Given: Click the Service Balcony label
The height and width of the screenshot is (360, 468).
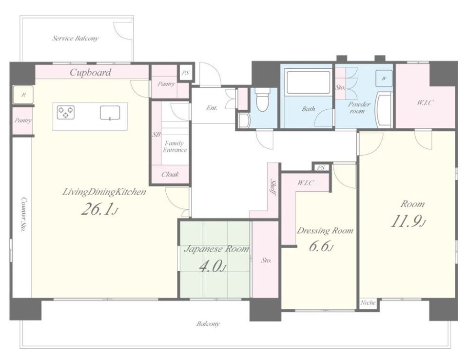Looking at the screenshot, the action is click(75, 38).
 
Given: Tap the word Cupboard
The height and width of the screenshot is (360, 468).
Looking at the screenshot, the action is click(91, 72).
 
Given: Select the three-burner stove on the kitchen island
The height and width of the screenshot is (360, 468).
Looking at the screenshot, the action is click(66, 112).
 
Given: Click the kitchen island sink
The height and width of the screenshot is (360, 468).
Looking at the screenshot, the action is click(110, 112).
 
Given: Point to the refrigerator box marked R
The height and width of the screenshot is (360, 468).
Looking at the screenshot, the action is click(23, 95).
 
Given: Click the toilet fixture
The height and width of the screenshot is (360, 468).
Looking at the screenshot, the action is click(262, 98).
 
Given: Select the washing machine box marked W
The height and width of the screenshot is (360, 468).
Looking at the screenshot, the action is click(384, 78).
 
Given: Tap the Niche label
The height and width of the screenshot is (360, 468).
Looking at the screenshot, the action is click(368, 302).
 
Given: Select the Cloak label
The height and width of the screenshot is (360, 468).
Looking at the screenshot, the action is click(170, 174).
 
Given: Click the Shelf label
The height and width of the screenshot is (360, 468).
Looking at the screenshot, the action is click(273, 187).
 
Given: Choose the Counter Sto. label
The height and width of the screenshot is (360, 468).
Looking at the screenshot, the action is click(23, 215).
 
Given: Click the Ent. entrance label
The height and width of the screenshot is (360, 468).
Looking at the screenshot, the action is click(212, 108).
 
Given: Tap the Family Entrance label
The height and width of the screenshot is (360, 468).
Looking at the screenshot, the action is click(175, 147).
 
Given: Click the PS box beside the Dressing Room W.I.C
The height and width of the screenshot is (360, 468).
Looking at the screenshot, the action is click(321, 168).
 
